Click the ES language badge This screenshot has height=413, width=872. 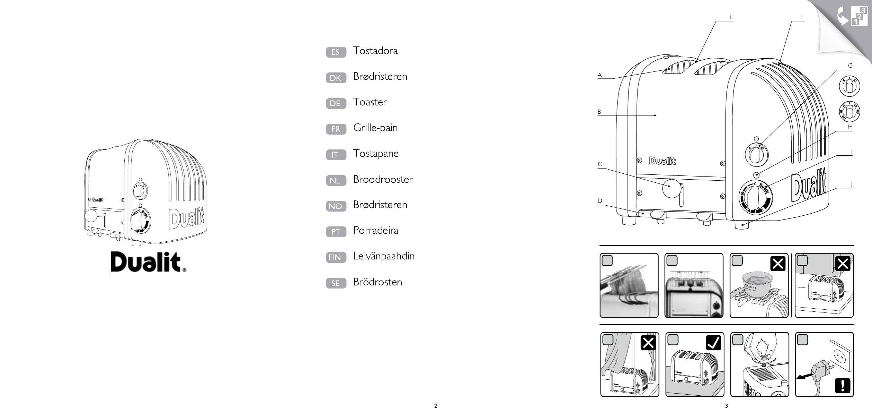coord(336,52)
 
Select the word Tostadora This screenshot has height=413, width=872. coord(375,51)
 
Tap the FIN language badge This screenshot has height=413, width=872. coord(336,257)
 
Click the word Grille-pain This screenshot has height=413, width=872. coord(375,128)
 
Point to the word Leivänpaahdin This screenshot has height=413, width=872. coord(384,256)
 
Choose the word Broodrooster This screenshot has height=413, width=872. coord(383,179)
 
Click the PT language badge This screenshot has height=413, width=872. coord(336,232)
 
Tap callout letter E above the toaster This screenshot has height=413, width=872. coord(731,17)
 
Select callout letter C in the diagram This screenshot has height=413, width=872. coord(600,164)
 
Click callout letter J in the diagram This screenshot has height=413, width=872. coord(852,184)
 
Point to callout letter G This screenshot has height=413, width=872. coord(850,66)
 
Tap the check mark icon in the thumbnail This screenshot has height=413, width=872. coord(713,343)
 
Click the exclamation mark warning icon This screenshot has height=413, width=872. coord(843,386)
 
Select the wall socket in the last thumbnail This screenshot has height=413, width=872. coord(839,364)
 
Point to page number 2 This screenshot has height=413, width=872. coord(436,406)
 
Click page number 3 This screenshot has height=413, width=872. coord(727,406)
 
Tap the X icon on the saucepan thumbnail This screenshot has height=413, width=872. coord(778,264)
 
